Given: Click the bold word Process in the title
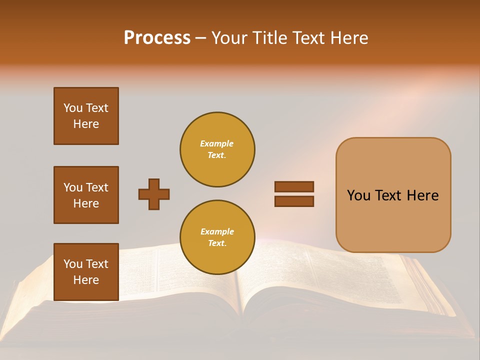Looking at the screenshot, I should click(157, 38).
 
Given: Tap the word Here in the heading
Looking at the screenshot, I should click(348, 38).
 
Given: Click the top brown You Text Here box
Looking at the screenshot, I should click(86, 116).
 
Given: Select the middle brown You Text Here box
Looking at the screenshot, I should click(86, 195).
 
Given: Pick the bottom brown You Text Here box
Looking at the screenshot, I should click(86, 272).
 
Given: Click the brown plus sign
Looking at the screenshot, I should click(154, 194).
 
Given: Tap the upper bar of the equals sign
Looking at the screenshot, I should click(294, 186).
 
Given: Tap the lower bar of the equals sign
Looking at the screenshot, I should click(294, 201).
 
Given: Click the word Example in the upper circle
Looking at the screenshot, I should click(216, 143).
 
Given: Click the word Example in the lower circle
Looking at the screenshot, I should click(217, 231).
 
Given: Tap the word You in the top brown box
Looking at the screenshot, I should click(72, 108).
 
